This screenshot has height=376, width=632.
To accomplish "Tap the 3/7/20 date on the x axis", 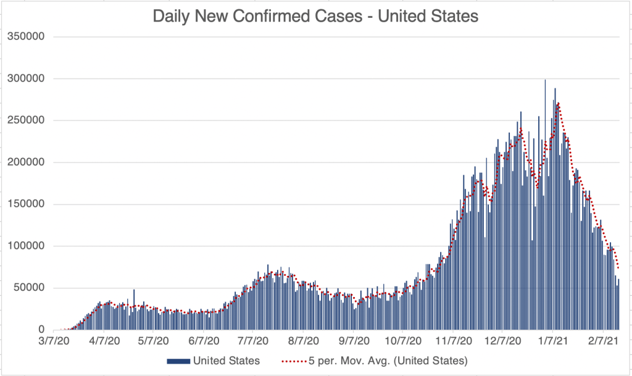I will [62, 340].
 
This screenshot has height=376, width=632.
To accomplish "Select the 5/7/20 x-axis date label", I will [152, 340].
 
